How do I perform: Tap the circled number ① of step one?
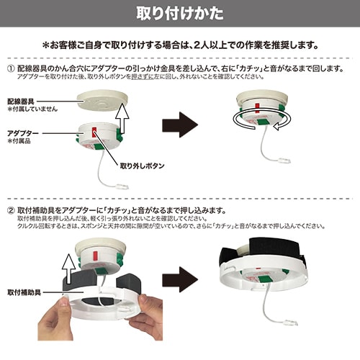[x=12, y=68]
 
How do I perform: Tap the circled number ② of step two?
[x=12, y=210]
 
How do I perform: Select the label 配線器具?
[x=24, y=103]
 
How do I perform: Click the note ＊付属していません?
[x=32, y=112]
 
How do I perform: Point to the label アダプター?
[x=24, y=134]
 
